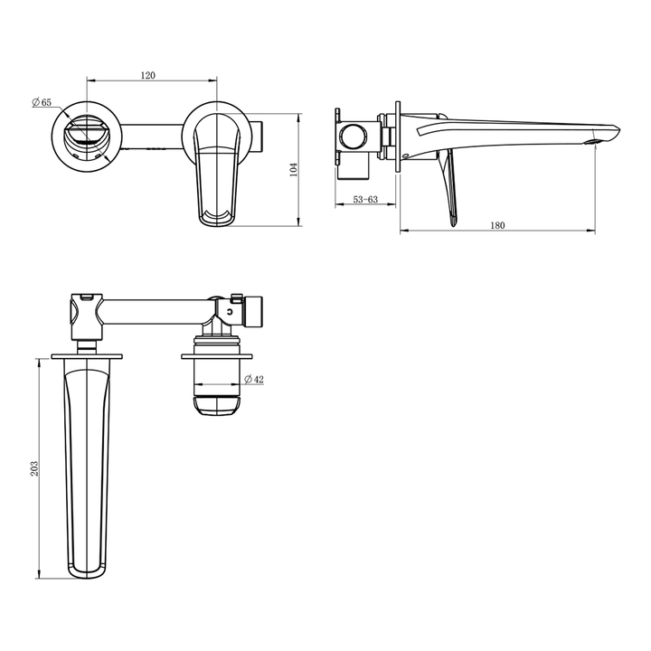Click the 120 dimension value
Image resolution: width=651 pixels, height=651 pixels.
tap(149, 76)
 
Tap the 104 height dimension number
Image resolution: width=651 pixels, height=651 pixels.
tap(293, 170)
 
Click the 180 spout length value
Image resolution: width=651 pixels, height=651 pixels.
tap(496, 224)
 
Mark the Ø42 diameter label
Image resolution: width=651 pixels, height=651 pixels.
tap(254, 380)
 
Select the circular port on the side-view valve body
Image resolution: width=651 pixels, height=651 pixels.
tap(354, 139)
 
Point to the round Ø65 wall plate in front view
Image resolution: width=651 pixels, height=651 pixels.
tap(86, 137)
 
